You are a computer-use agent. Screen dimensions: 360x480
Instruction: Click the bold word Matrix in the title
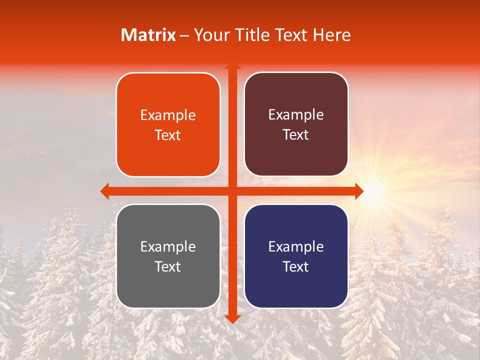(x=148, y=35)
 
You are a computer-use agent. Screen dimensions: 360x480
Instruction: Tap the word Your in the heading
(x=210, y=35)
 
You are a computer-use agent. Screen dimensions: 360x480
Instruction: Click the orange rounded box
(x=168, y=125)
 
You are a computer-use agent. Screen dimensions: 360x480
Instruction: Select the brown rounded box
(x=296, y=125)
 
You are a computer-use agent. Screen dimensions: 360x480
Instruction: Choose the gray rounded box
(x=168, y=256)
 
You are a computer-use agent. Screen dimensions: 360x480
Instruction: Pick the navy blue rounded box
(x=296, y=256)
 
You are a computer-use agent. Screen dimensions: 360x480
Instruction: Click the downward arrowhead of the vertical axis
(x=232, y=318)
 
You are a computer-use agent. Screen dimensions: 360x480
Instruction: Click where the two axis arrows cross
(x=232, y=191)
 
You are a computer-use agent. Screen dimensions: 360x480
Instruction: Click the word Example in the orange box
(x=168, y=115)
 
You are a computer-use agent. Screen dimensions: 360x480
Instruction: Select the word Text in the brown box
(x=296, y=135)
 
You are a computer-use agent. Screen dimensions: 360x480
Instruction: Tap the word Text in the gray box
(x=168, y=266)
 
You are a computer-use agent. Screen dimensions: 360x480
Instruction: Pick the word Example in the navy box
(x=296, y=246)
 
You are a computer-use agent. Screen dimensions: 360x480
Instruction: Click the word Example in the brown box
(x=296, y=115)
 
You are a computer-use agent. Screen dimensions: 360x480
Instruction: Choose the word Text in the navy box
(x=296, y=266)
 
